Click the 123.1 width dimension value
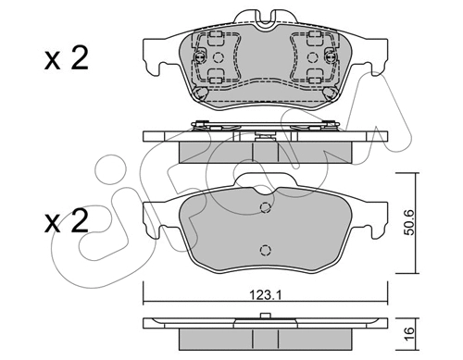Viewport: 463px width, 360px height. tap(266, 295)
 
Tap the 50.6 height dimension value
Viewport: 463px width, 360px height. tap(410, 222)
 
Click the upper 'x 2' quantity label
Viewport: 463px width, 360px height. tap(66, 57)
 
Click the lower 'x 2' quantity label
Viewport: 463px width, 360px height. tap(66, 221)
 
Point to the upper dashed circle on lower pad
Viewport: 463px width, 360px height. tap(265, 207)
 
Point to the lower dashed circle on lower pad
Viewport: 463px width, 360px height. tap(265, 250)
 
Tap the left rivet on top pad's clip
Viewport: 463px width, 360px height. tap(200, 56)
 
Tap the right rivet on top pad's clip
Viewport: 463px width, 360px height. tap(330, 56)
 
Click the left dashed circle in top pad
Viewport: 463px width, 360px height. tap(219, 57)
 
